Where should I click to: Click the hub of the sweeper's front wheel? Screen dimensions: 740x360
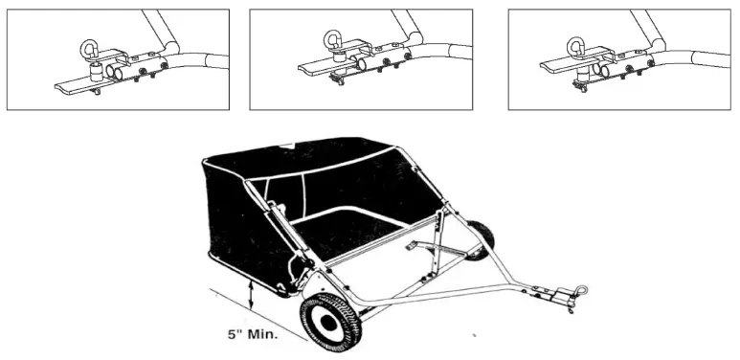pyautogui.click(x=330, y=323)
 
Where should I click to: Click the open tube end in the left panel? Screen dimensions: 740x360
pyautogui.click(x=112, y=73)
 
